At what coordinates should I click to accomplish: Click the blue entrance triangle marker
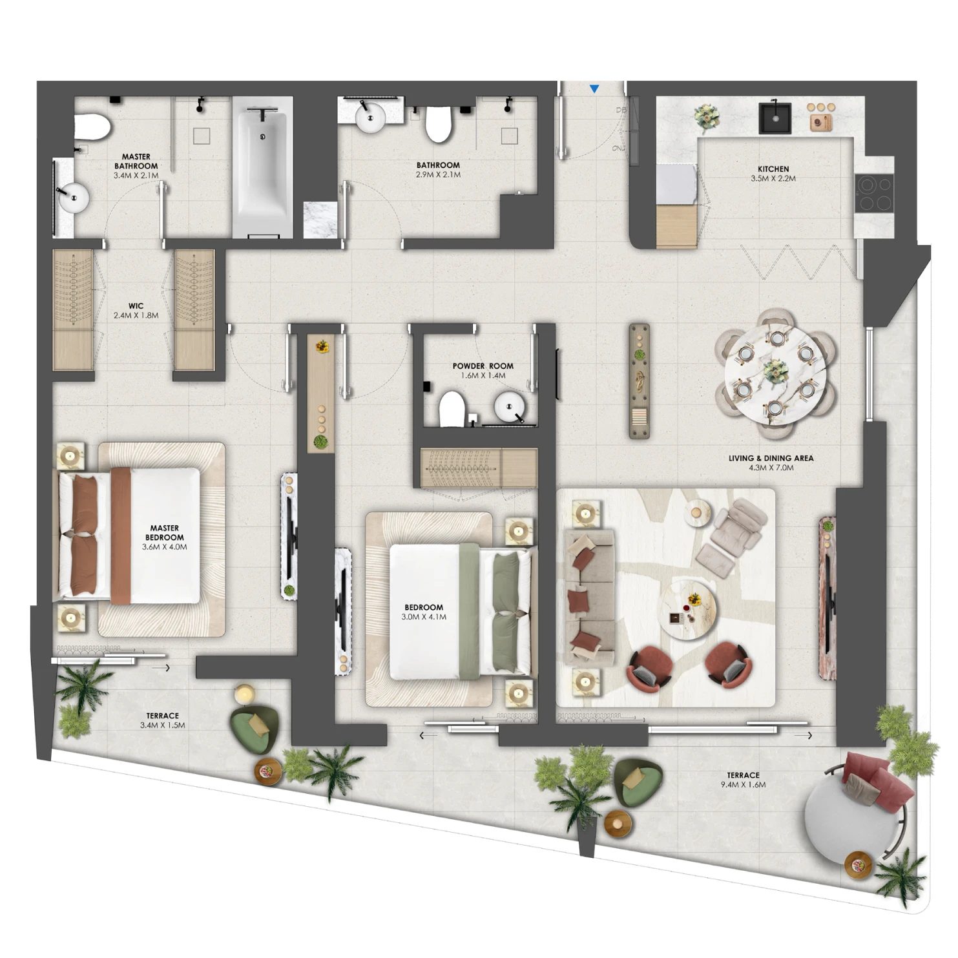tap(594, 89)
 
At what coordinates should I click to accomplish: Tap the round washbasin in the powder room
tap(510, 408)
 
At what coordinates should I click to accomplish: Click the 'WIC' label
tap(136, 306)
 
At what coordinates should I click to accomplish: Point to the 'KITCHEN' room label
tap(773, 169)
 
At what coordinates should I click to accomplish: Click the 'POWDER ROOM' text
tap(483, 366)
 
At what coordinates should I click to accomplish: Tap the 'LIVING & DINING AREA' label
tap(771, 458)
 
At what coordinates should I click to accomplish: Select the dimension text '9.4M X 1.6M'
tap(744, 785)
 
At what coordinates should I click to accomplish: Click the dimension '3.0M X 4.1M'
tap(424, 617)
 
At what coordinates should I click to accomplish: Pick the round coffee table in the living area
tap(687, 609)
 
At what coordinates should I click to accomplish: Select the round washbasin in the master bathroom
tap(72, 196)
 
